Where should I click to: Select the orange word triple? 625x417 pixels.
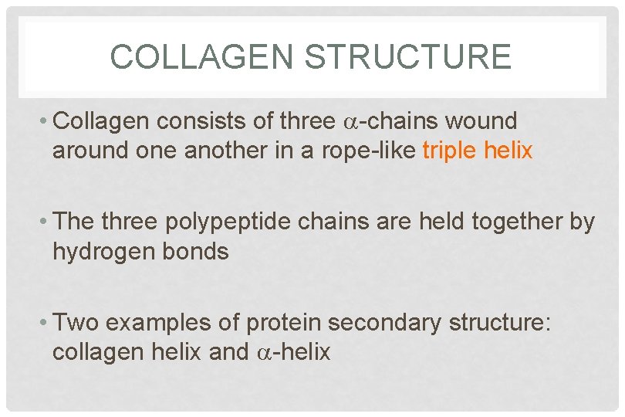(451, 151)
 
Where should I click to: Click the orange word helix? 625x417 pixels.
(508, 151)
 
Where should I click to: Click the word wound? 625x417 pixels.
(479, 121)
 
